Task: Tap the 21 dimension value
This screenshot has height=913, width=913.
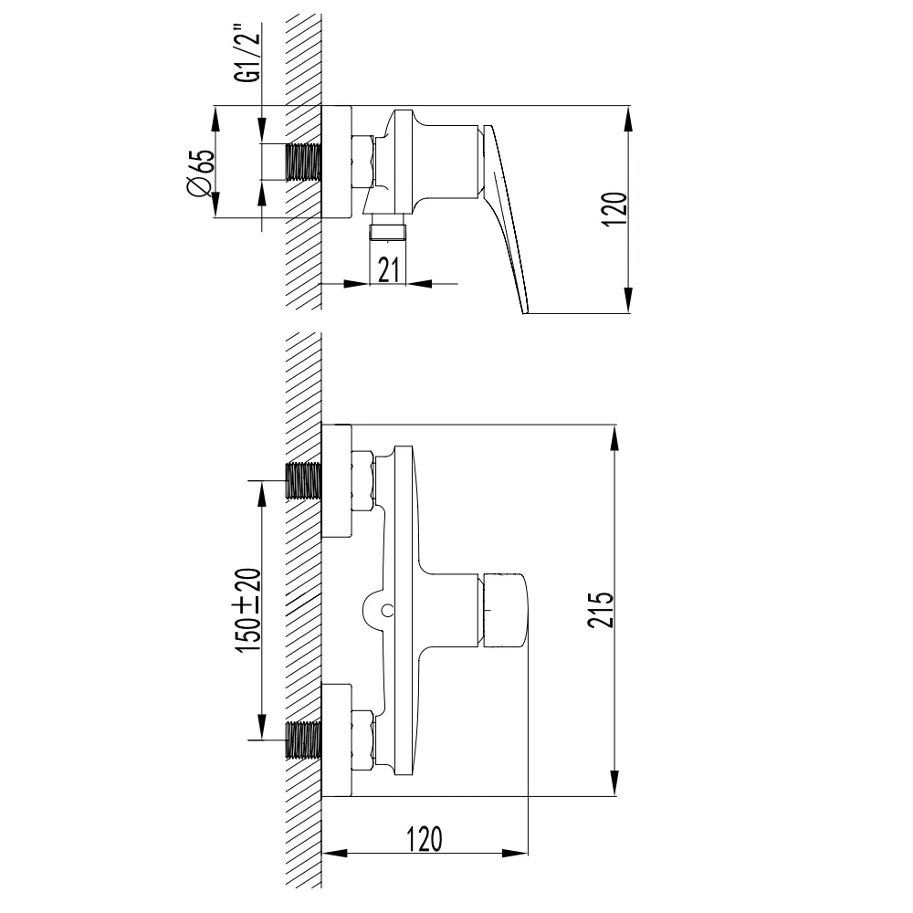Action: click(389, 269)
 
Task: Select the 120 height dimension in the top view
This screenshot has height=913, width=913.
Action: click(614, 208)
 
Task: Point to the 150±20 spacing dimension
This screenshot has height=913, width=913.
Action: click(249, 610)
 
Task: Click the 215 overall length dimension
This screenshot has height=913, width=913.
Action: click(601, 610)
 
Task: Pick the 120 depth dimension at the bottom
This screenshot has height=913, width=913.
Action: click(425, 839)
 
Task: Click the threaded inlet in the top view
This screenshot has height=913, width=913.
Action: click(303, 162)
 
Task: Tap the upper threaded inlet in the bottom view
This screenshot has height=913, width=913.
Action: click(303, 480)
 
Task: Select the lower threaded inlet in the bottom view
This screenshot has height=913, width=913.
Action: click(303, 740)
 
